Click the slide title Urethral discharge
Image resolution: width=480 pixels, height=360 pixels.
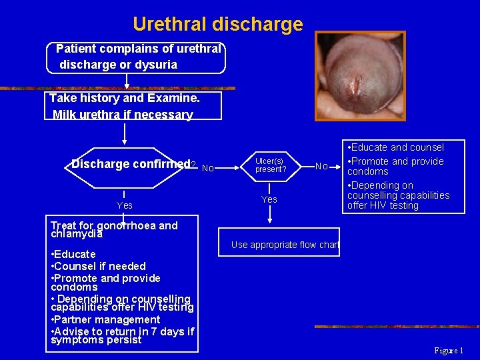click(217, 25)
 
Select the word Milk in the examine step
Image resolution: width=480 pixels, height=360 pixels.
click(65, 115)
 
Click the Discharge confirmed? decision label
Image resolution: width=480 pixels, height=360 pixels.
click(133, 164)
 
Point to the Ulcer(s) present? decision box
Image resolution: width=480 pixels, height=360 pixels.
click(270, 165)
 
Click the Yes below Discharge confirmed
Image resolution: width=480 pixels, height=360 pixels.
click(125, 205)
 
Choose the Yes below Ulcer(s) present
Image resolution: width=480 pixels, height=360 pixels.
click(269, 199)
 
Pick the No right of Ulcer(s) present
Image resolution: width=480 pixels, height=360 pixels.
click(321, 166)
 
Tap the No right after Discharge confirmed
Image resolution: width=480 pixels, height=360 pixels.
click(207, 168)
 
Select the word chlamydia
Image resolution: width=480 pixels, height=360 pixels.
click(77, 234)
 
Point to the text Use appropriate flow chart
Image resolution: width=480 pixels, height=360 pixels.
click(285, 245)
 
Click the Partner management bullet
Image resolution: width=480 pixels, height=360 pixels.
click(105, 319)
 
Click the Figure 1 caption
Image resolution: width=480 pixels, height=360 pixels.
click(449, 351)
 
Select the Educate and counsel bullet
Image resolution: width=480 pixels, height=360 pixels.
click(397, 147)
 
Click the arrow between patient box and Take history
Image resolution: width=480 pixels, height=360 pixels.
click(127, 81)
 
